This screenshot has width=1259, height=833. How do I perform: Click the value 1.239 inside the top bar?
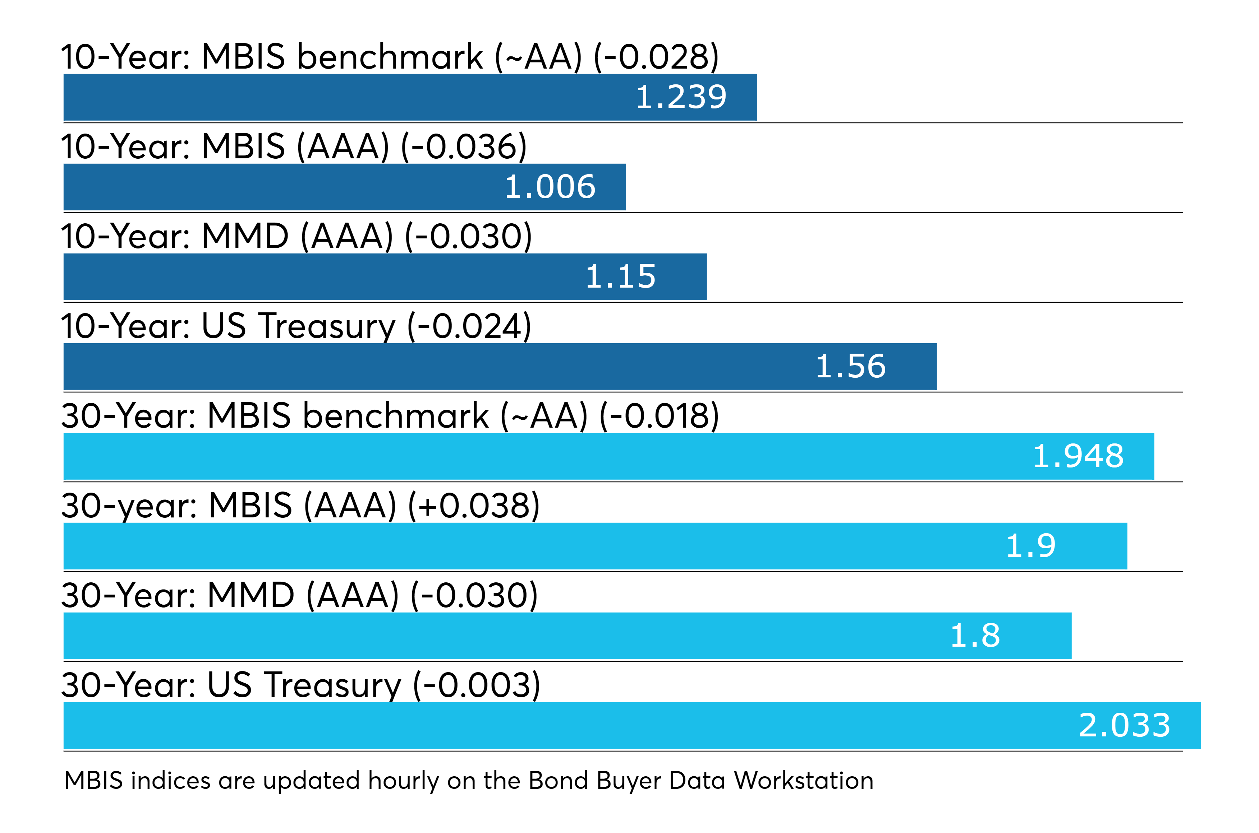click(681, 97)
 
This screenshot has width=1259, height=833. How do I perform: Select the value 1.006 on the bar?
click(550, 187)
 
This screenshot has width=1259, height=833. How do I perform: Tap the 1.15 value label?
click(620, 277)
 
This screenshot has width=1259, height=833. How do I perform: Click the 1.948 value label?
click(1078, 456)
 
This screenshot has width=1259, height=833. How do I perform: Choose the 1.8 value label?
click(975, 636)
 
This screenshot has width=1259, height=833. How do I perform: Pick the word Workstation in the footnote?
click(803, 781)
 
